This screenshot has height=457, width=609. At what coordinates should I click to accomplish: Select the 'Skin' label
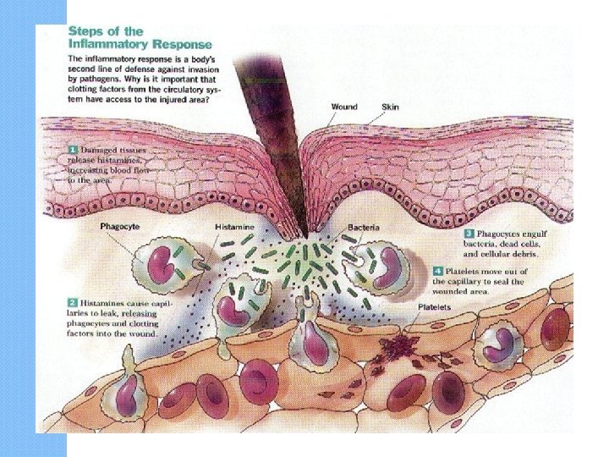pyautogui.click(x=391, y=107)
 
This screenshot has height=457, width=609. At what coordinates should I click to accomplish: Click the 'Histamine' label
pyautogui.click(x=233, y=228)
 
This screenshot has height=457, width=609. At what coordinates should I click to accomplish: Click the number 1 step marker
pyautogui.click(x=73, y=150)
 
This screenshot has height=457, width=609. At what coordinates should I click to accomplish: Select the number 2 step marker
pyautogui.click(x=73, y=300)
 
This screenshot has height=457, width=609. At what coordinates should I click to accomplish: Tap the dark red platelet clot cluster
pyautogui.click(x=394, y=344)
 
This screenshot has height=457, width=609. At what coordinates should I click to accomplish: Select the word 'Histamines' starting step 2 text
pyautogui.click(x=102, y=300)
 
